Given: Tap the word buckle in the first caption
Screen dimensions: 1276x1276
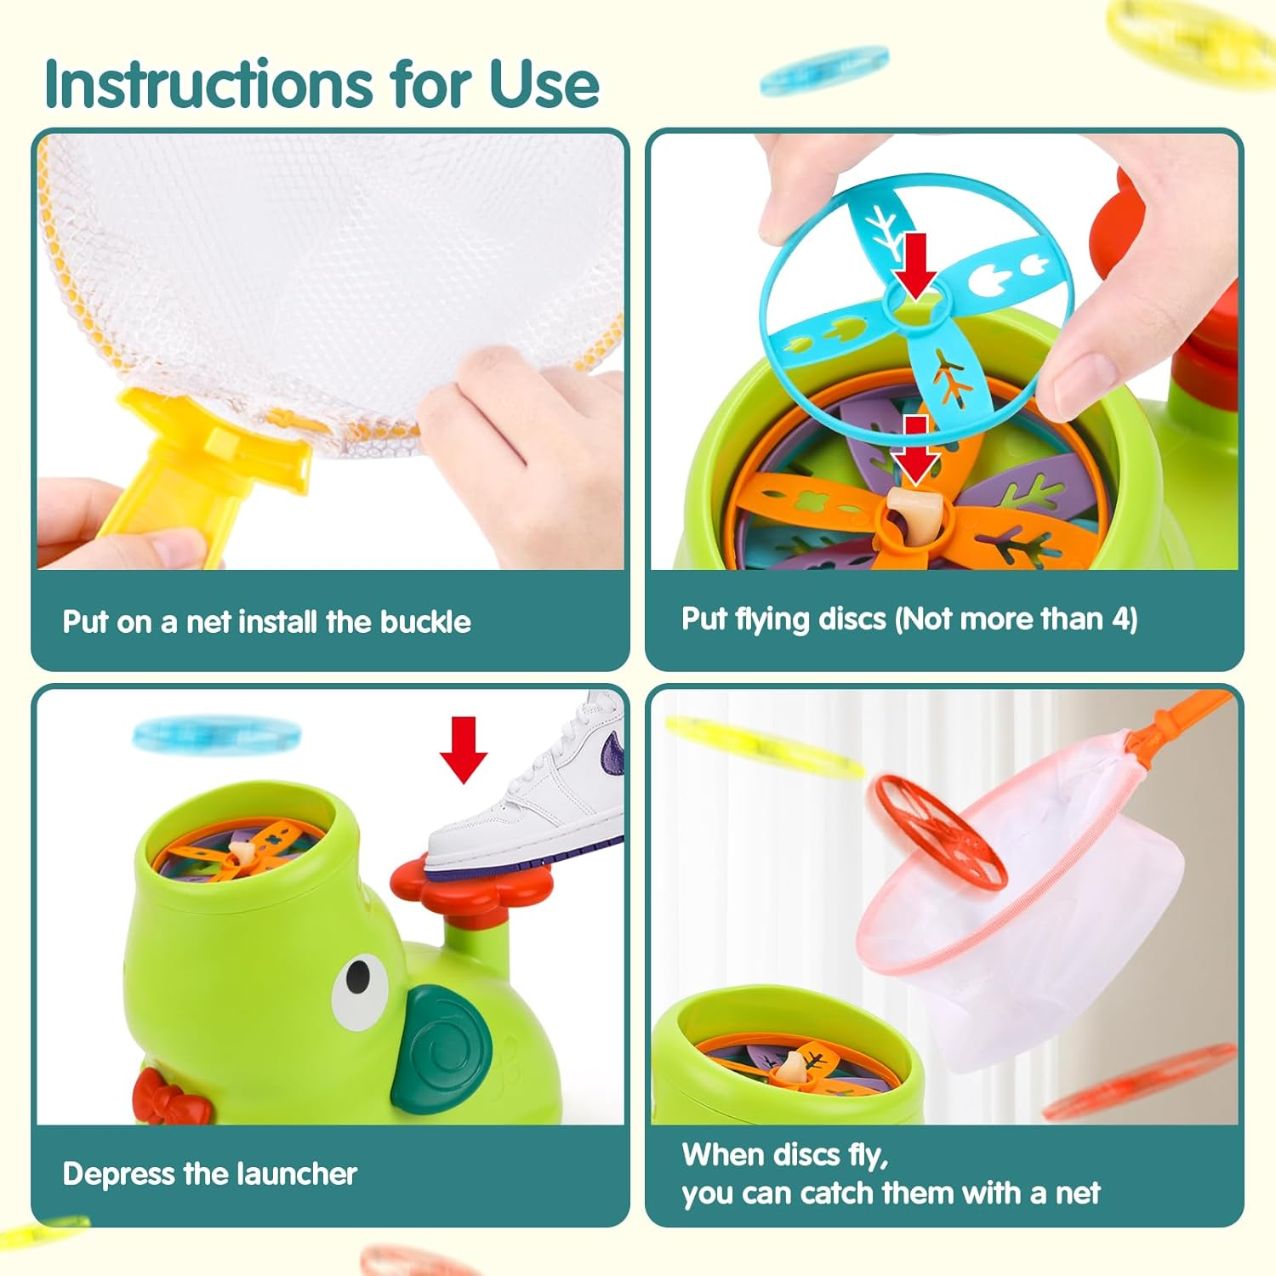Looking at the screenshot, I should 425,622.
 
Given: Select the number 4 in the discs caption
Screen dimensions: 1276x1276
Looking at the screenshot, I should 1120,619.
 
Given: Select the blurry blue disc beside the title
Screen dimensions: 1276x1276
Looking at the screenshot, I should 823,70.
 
